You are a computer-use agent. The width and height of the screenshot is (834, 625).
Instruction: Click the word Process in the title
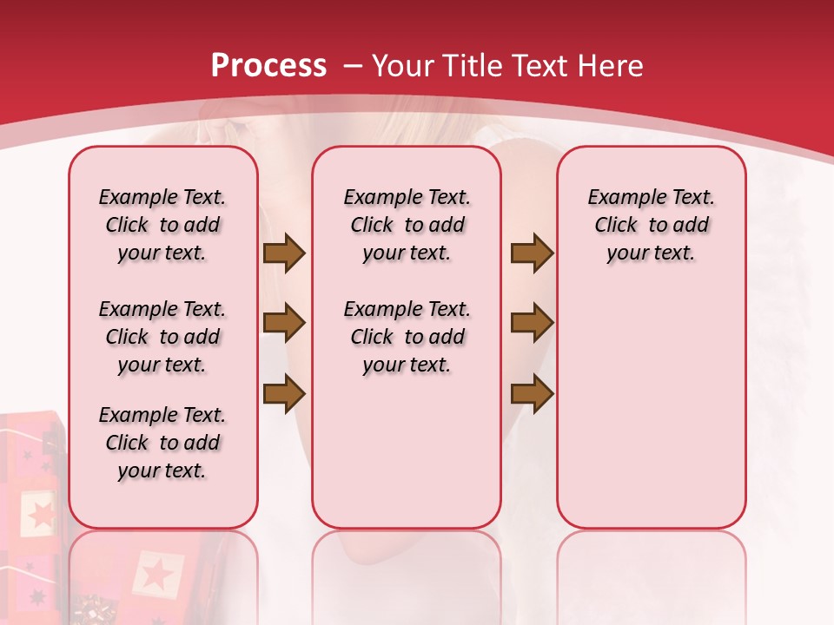[268, 66]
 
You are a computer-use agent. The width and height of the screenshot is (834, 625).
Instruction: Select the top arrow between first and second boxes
[284, 253]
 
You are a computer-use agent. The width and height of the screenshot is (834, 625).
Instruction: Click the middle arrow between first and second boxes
[284, 323]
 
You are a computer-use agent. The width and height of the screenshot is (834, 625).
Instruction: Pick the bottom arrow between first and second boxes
[284, 393]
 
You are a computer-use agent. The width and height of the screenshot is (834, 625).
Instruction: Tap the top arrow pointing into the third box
[532, 253]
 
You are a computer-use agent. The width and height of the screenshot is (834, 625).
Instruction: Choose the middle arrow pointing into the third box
[532, 323]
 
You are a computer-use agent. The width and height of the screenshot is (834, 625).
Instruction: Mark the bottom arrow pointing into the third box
[532, 393]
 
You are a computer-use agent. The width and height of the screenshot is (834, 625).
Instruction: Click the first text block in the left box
[162, 225]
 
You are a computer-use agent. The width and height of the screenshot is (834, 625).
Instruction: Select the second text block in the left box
[162, 337]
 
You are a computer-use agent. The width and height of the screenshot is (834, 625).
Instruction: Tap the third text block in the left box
[162, 443]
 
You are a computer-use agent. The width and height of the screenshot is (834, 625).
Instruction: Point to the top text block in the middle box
[407, 225]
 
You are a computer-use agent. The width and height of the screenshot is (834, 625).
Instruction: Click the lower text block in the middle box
[407, 337]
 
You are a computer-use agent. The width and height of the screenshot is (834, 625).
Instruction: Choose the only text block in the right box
[651, 225]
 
